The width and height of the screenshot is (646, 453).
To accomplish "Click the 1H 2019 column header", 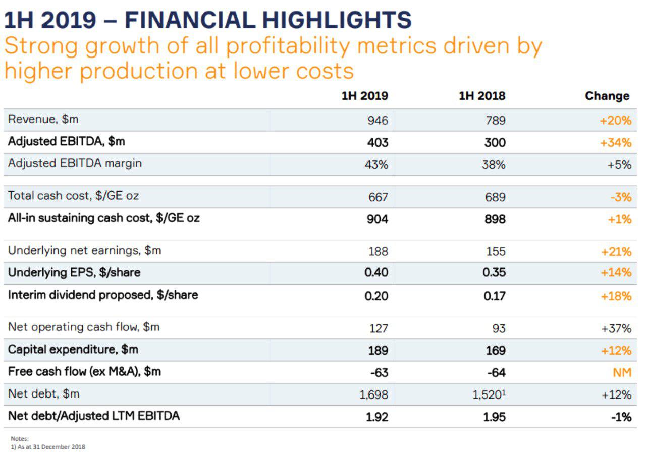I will [x=364, y=96].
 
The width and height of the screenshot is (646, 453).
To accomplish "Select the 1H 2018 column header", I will [x=481, y=96].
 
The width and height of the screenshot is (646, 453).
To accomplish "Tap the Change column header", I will [x=607, y=96].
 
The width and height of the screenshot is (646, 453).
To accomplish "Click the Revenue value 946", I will [x=378, y=121].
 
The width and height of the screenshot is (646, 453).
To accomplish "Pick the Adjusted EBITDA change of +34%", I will [x=615, y=143].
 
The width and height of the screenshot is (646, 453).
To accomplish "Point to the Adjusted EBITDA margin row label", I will [x=75, y=163].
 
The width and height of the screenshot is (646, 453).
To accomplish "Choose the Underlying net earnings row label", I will [x=84, y=250].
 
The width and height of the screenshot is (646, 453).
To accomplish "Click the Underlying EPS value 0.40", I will [x=376, y=273].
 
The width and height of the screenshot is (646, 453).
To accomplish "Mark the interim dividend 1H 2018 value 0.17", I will [x=494, y=296].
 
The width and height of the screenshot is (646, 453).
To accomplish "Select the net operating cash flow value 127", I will [x=378, y=328].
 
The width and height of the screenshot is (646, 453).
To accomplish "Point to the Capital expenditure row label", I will [x=73, y=349].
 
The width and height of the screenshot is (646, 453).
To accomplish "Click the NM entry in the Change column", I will [x=622, y=373].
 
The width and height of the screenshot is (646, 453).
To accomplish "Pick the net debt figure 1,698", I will [x=373, y=395].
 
